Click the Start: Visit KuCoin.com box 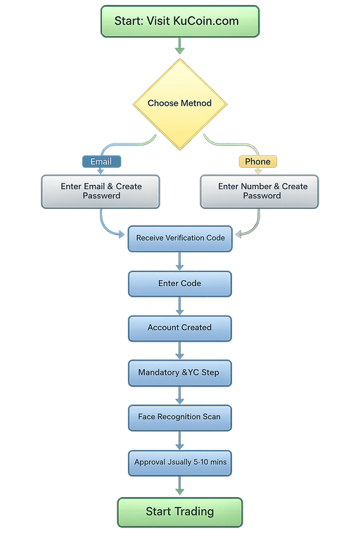[180, 20]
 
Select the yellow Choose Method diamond [180, 103]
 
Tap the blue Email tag [101, 162]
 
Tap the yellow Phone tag [257, 162]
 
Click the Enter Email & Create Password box [101, 191]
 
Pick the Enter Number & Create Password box [259, 191]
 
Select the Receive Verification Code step [180, 238]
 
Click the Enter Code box [180, 283]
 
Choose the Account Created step [180, 328]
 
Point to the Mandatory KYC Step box [180, 373]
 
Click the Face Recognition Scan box [180, 417]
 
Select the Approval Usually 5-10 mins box [180, 462]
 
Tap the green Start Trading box [180, 511]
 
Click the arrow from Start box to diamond [180, 47]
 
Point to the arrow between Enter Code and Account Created [180, 306]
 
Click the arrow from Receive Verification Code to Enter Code [180, 261]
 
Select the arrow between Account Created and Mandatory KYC [180, 350]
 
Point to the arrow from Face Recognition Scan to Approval [180, 439]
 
